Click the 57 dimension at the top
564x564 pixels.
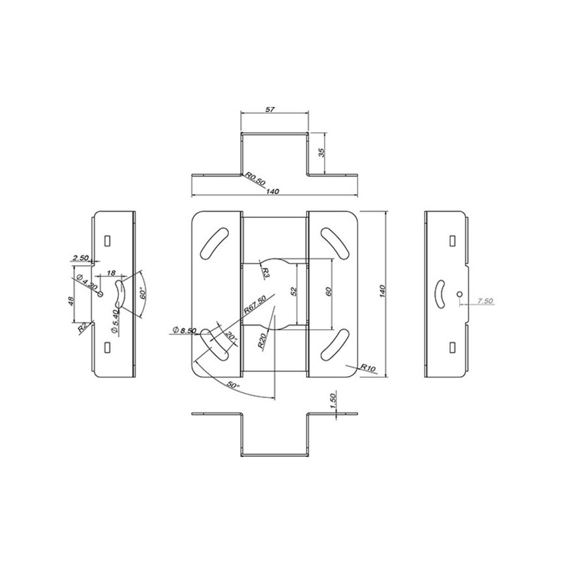[x=270, y=109]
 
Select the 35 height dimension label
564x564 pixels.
[x=322, y=152]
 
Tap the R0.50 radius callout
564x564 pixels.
[x=255, y=179]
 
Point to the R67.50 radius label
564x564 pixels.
[x=255, y=304]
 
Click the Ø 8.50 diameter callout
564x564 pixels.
[x=185, y=330]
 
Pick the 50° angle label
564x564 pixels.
[x=234, y=385]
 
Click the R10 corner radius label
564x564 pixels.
[x=368, y=368]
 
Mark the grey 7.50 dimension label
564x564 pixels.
[x=485, y=301]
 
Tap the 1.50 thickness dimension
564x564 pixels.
[x=333, y=400]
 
